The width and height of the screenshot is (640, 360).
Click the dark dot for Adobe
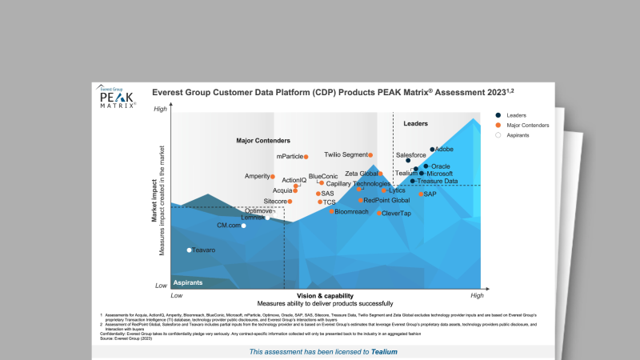point(432,150)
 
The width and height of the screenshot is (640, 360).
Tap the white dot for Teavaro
point(190,250)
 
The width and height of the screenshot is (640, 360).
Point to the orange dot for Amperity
point(273,176)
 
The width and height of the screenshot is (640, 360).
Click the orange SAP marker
point(421,194)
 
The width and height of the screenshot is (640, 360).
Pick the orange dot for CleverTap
point(379,214)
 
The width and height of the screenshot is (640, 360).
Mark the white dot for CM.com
point(244,226)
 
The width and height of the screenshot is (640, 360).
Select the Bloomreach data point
point(332,211)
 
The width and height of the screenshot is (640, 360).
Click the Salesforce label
point(411,154)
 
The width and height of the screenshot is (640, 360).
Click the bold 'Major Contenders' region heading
point(263,141)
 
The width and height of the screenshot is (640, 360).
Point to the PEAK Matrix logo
point(117,98)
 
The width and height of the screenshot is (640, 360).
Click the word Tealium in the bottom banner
point(384,352)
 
